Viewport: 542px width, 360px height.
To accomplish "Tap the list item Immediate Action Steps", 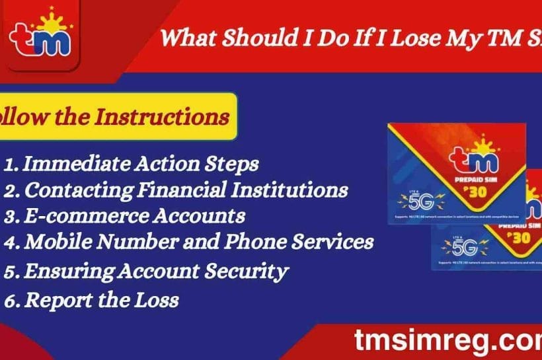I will tap(131, 163).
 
